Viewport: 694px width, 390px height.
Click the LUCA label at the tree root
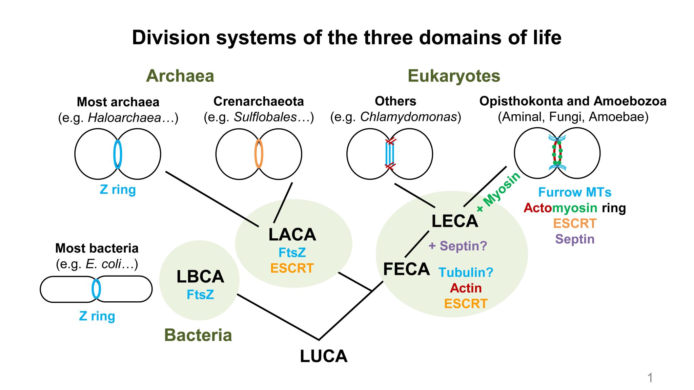pos(324,356)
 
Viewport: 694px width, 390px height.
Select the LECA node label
pos(454,221)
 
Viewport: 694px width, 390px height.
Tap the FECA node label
pos(406,269)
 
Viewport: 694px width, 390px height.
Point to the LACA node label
pos(292,235)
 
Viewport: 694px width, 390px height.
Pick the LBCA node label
pos(200,277)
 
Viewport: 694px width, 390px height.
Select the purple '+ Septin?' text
pos(458,246)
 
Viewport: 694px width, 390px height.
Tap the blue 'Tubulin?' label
pos(466,272)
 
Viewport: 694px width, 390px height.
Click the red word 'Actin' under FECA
pos(466,288)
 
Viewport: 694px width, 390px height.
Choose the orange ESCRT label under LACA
pos(292,268)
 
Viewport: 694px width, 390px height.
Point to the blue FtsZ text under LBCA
pos(200,295)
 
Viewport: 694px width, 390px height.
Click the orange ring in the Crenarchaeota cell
pos(259,154)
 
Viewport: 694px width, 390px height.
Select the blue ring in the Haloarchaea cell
pos(118,154)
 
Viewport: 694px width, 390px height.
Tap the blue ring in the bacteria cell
pos(96,289)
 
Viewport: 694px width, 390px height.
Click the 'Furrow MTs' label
pos(575,192)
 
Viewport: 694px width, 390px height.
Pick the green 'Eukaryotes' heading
pos(454,76)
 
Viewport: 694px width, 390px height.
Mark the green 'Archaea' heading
pos(180,76)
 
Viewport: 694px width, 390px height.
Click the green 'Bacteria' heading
pos(198,335)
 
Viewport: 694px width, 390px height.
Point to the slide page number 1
pos(650,377)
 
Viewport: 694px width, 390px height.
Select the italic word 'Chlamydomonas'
pos(409,117)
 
